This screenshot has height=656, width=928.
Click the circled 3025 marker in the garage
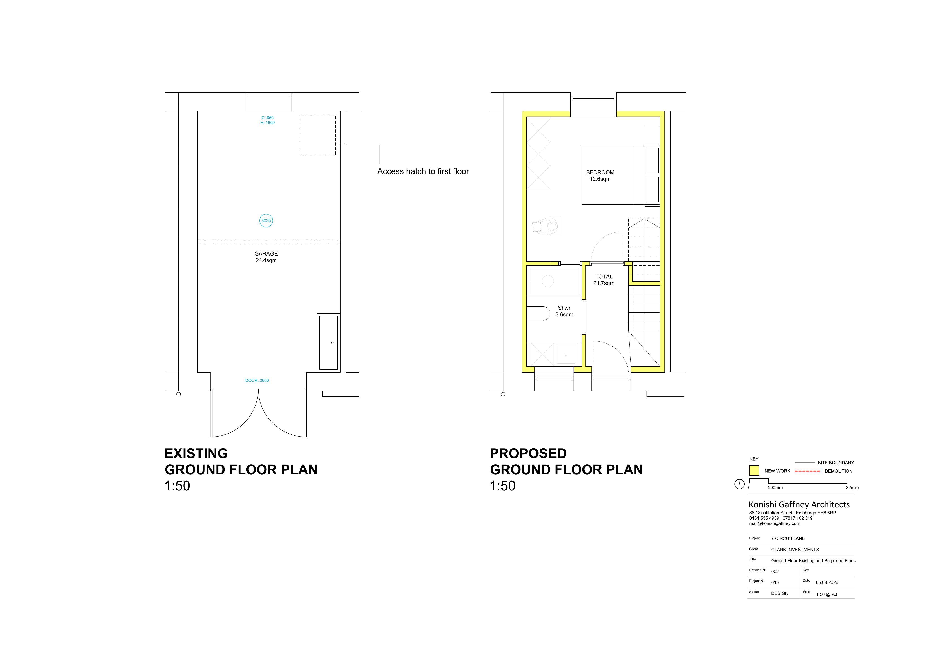point(266,221)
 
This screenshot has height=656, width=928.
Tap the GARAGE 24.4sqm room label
point(266,257)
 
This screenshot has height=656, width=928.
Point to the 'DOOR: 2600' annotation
point(257,380)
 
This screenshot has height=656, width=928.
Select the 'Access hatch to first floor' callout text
point(423,171)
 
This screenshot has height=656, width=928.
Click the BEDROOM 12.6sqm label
point(600,175)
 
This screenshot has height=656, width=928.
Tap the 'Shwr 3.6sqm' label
point(564,311)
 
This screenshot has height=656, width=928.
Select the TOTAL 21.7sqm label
point(604,280)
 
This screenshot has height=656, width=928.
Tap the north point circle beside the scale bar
point(739,484)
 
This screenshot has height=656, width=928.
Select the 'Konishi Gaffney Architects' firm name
point(799,504)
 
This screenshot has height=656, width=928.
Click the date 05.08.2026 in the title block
point(827,582)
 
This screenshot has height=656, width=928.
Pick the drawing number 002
point(775,572)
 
